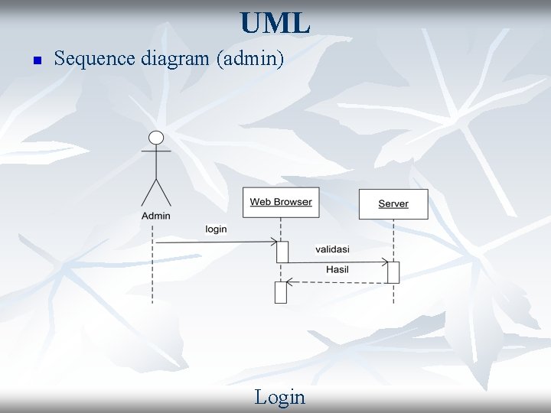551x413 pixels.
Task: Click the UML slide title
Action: [275, 23]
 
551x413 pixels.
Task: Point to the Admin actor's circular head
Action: [156, 138]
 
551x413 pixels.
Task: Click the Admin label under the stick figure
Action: [156, 216]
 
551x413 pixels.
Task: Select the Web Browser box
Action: [281, 202]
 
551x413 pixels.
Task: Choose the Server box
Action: [393, 203]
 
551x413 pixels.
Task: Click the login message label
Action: [216, 229]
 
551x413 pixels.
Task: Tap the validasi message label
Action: [332, 249]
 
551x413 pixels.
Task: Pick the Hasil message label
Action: [337, 269]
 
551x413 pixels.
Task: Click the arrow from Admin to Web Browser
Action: [214, 242]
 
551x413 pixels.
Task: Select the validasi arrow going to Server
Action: [337, 262]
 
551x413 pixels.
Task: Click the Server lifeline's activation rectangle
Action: [393, 272]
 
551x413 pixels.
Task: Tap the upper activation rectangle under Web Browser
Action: [282, 252]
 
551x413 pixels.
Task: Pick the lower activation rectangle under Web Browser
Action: [280, 292]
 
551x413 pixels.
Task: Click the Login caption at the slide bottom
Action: [279, 397]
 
